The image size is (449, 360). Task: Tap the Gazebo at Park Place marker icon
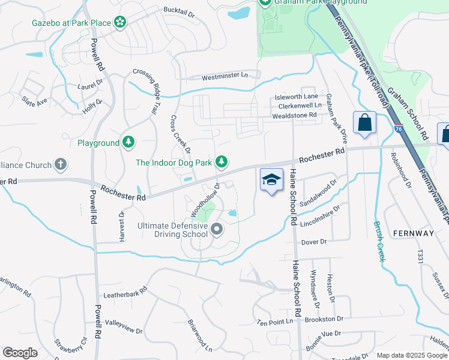120,23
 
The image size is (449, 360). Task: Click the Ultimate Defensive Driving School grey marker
217,229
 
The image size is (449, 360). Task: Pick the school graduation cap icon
271,179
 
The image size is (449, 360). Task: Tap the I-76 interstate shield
399,128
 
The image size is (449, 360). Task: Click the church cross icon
60,163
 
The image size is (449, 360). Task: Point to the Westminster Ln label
224,77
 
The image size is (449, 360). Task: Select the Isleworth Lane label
296,96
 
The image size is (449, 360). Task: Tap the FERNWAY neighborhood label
413,232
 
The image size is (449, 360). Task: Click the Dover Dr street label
313,242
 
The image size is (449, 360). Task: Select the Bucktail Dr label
179,11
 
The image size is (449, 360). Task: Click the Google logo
20,353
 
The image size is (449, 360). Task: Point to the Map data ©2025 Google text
412,355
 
